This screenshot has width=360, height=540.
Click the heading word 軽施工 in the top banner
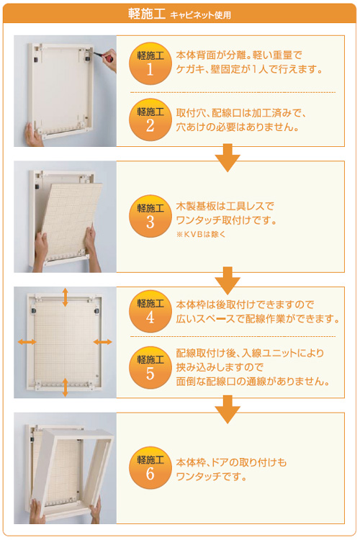click(x=147, y=14)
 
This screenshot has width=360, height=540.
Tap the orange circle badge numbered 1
click(x=150, y=63)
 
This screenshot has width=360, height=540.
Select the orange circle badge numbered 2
click(x=150, y=120)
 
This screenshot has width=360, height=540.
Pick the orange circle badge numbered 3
click(x=150, y=216)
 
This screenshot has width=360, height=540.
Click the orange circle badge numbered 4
click(x=150, y=311)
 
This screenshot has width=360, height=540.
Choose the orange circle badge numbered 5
click(x=150, y=368)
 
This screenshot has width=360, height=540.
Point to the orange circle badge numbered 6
click(x=150, y=468)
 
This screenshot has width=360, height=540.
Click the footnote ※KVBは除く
click(x=201, y=234)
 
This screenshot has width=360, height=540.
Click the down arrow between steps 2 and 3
click(x=228, y=158)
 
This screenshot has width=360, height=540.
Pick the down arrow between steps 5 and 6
click(x=228, y=410)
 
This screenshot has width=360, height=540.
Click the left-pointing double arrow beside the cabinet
click(x=27, y=342)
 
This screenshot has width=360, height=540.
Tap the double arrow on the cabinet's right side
click(x=103, y=342)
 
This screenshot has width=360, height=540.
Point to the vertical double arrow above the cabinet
click(x=65, y=297)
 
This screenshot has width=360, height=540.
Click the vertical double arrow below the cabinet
click(x=65, y=387)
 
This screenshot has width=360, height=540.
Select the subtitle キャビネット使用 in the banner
click(x=200, y=15)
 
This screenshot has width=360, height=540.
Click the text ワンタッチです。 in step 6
click(x=211, y=477)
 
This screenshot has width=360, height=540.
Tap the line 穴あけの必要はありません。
click(x=238, y=127)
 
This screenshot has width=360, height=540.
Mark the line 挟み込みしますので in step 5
click(x=220, y=367)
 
